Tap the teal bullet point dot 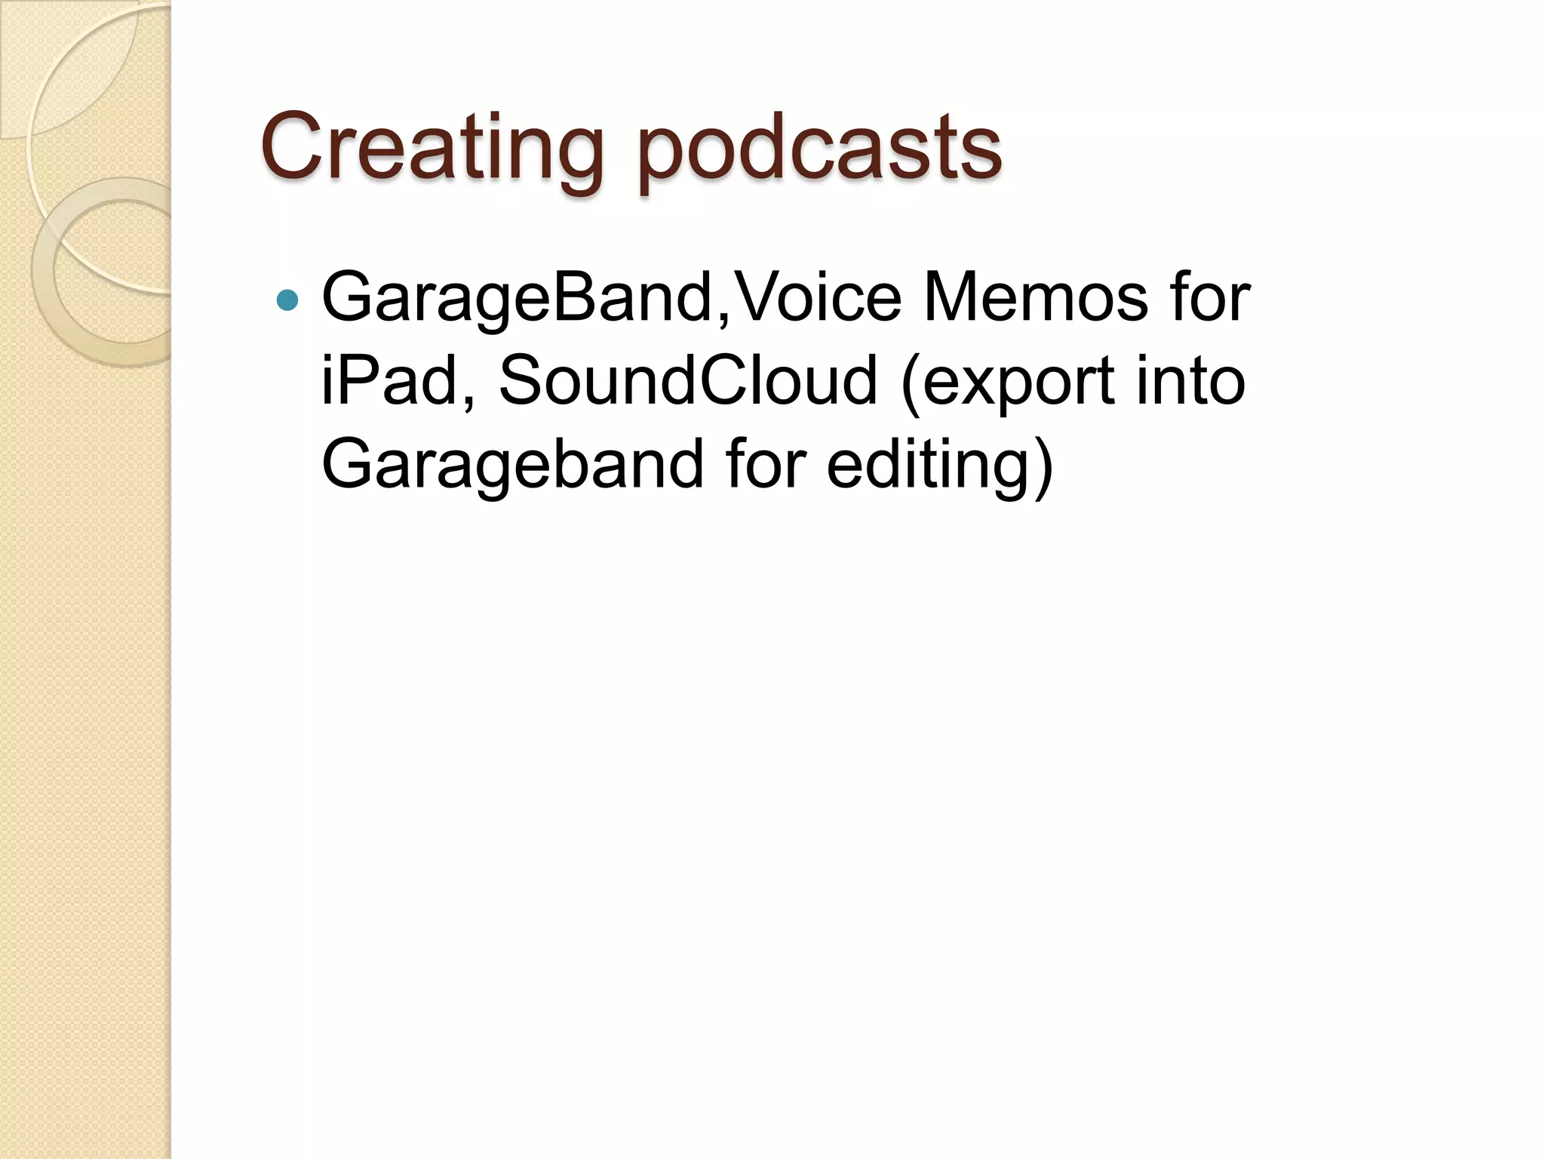coord(287,301)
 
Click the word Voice coord(818,297)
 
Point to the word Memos coord(1035,297)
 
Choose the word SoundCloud coord(688,380)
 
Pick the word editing coord(928,464)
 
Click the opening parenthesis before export coord(911,383)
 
